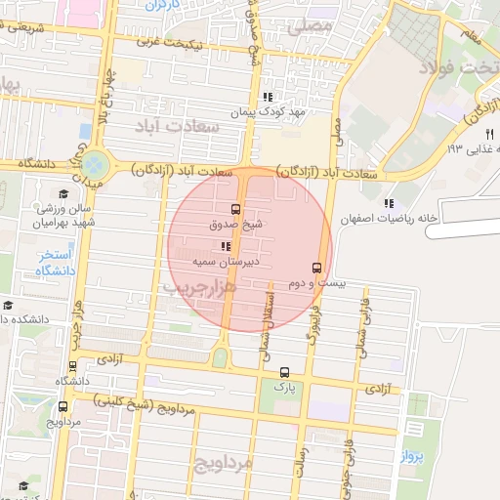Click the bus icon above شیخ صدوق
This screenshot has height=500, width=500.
[234, 209]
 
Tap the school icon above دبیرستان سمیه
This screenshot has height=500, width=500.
[227, 246]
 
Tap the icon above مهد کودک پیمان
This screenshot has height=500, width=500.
[267, 97]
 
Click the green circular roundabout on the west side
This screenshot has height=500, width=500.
[96, 163]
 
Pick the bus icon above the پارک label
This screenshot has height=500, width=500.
[284, 371]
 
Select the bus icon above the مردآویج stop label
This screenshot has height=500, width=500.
[62, 406]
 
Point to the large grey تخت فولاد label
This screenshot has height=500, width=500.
[458, 67]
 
